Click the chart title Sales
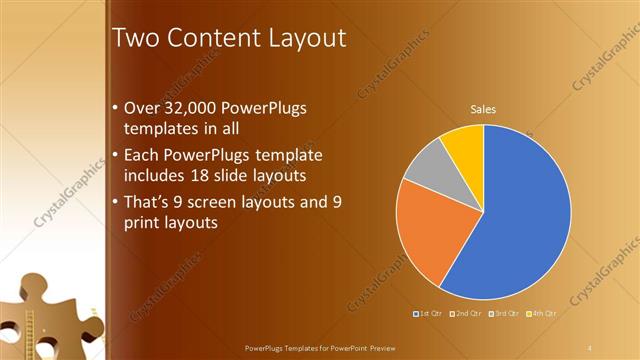click(x=484, y=109)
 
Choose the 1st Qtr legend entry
click(x=428, y=313)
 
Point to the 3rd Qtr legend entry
click(x=504, y=313)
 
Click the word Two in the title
click(x=132, y=39)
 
